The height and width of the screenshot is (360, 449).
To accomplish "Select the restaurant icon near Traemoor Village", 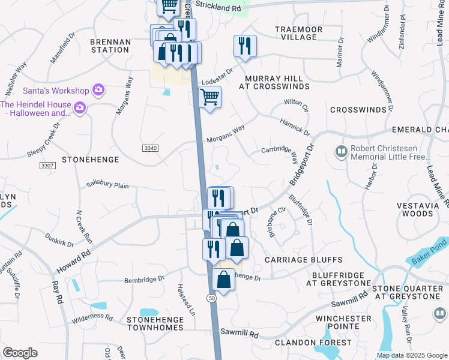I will click(x=245, y=46).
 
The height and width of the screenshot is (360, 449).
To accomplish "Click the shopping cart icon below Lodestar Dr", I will click(x=209, y=97).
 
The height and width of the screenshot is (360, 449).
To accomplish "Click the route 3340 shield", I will click(x=151, y=148).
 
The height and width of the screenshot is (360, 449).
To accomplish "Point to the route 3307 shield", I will click(x=47, y=165).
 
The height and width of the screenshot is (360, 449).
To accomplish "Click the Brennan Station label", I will click(x=110, y=46).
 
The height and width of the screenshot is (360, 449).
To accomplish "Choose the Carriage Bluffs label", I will click(x=304, y=260).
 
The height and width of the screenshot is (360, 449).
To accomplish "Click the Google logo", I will click(x=20, y=353).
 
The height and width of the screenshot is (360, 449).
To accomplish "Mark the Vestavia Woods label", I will click(x=423, y=209).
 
